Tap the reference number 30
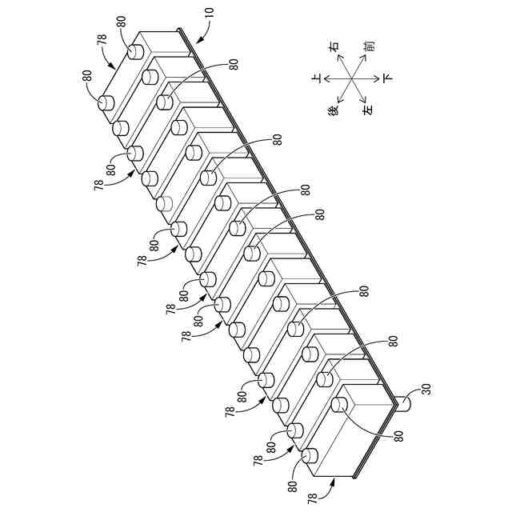pyautogui.click(x=426, y=390)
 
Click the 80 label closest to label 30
pyautogui.click(x=398, y=435)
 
